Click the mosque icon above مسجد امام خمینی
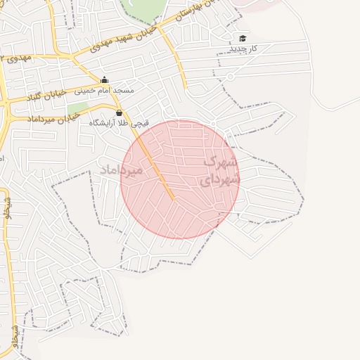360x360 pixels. pos(105,79)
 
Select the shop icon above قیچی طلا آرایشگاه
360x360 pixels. pos(119,112)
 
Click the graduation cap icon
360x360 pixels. pos(243,38)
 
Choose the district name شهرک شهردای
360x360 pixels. pos(219,170)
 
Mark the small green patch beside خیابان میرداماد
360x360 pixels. pos(78,108)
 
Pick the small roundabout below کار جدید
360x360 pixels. pos(229,76)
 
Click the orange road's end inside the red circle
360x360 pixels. pos(172,198)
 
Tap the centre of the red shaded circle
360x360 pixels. pos(180,179)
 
